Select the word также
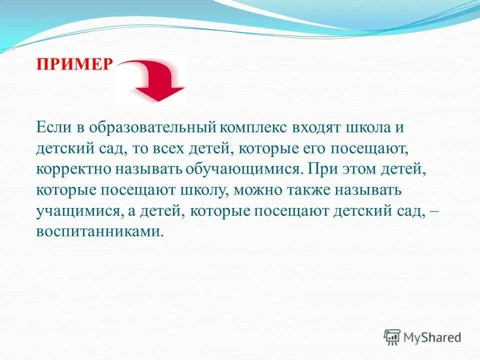click(x=317, y=190)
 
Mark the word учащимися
click(x=78, y=211)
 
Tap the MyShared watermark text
click(x=432, y=337)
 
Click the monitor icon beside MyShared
click(x=392, y=337)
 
